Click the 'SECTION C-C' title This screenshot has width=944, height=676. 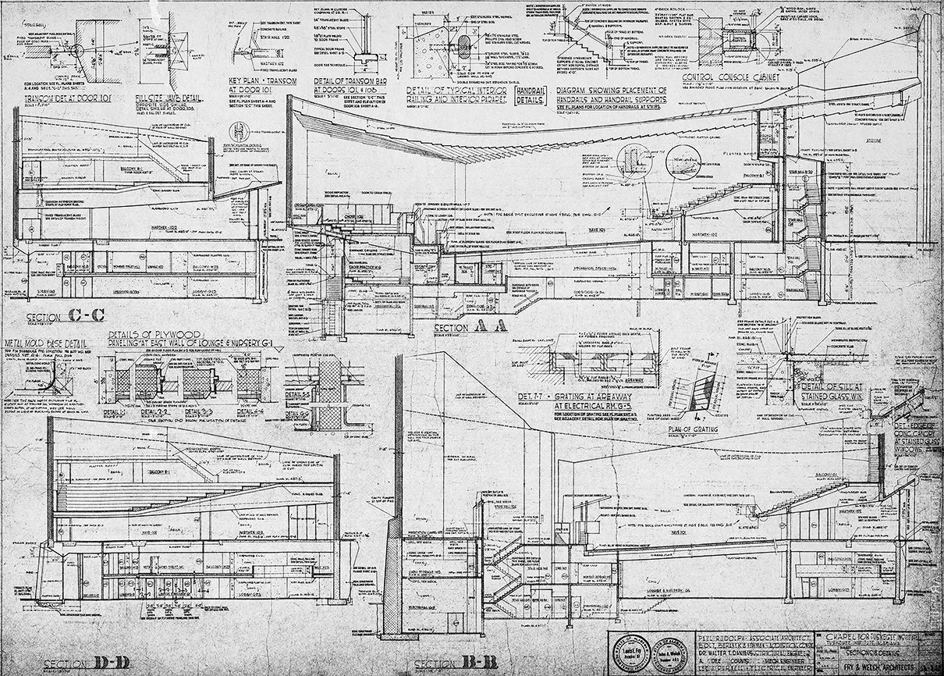click(x=66, y=318)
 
